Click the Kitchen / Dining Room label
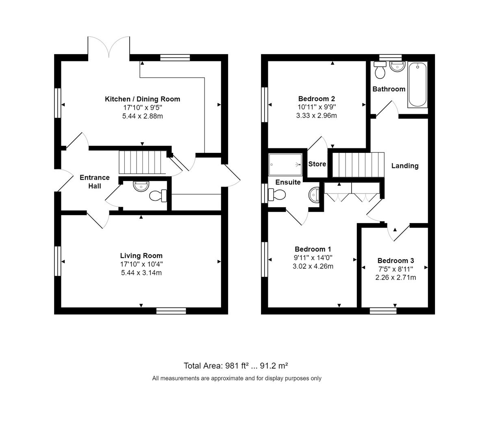142,99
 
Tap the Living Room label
141,256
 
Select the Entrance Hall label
95,182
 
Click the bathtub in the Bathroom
417,85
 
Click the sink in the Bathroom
397,66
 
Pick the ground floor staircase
142,162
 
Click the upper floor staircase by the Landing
358,165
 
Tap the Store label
317,164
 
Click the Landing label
405,166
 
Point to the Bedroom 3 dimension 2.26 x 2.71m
396,278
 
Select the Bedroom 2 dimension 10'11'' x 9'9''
316,107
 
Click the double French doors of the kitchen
109,48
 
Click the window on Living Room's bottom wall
171,311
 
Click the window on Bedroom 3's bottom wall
383,311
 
